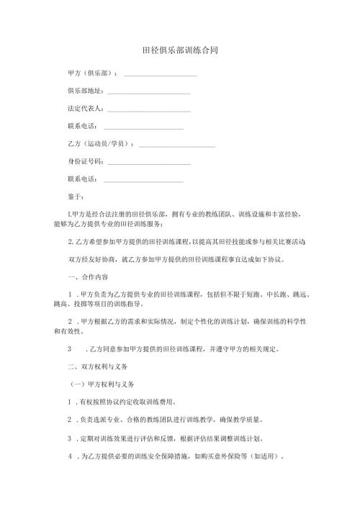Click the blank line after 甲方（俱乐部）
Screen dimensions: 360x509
click(x=161, y=76)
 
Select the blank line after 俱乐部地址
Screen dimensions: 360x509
click(x=148, y=93)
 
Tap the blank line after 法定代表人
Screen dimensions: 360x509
click(x=148, y=110)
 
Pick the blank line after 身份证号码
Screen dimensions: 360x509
click(x=148, y=163)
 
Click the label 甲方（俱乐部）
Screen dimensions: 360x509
click(x=92, y=73)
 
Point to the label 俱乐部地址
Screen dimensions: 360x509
click(x=85, y=91)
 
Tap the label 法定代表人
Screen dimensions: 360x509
click(x=85, y=109)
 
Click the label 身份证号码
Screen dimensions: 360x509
click(x=85, y=161)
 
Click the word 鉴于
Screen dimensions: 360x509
click(x=75, y=197)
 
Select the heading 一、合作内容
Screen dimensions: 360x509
click(x=88, y=277)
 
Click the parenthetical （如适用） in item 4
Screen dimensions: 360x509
click(x=270, y=456)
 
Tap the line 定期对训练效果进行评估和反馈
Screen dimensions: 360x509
click(x=180, y=438)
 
